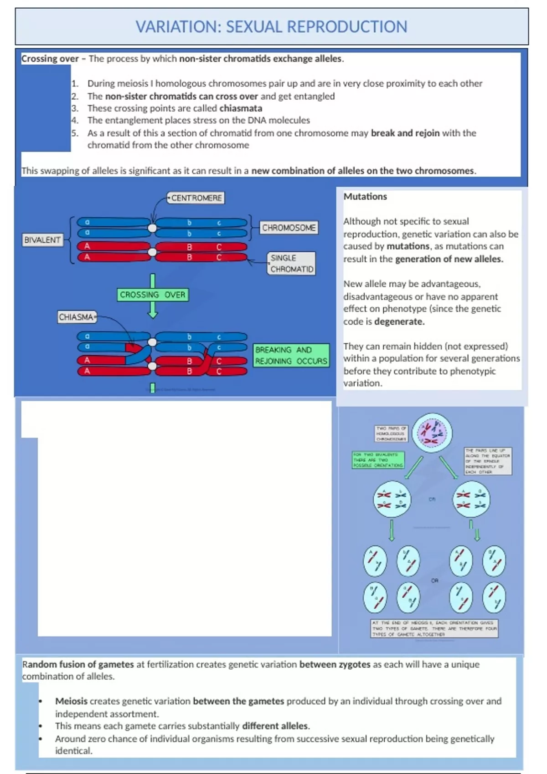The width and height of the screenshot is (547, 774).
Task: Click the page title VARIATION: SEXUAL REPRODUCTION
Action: click(x=271, y=27)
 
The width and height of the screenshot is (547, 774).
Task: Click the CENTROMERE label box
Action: click(x=196, y=198)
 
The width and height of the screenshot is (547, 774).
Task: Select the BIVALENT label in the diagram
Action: click(x=42, y=240)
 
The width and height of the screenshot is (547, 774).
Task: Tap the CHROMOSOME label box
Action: click(x=289, y=228)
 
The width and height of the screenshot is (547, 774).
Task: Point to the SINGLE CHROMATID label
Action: click(x=291, y=264)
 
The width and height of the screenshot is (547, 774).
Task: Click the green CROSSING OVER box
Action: click(x=153, y=295)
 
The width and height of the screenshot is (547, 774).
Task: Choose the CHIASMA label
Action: click(x=76, y=317)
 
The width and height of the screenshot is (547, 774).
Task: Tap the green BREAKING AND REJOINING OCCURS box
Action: click(x=291, y=356)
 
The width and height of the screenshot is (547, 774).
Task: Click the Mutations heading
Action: click(x=365, y=197)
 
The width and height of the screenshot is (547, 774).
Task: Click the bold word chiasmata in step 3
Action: click(x=241, y=108)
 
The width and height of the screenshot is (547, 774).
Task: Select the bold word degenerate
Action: click(x=399, y=321)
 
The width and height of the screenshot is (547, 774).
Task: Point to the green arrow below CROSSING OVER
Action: click(x=153, y=310)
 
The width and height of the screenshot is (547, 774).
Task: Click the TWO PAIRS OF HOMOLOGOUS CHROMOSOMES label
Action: click(x=391, y=433)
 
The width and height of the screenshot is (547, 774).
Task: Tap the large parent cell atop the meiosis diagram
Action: click(x=432, y=433)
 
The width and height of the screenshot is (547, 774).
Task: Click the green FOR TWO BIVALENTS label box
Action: click(x=378, y=460)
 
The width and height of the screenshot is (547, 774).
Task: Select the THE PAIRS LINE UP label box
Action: click(x=487, y=461)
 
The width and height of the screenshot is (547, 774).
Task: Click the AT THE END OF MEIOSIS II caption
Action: click(x=434, y=628)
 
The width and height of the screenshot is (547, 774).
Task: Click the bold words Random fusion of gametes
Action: click(x=78, y=665)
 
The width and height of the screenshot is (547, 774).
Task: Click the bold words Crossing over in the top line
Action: click(x=50, y=59)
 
